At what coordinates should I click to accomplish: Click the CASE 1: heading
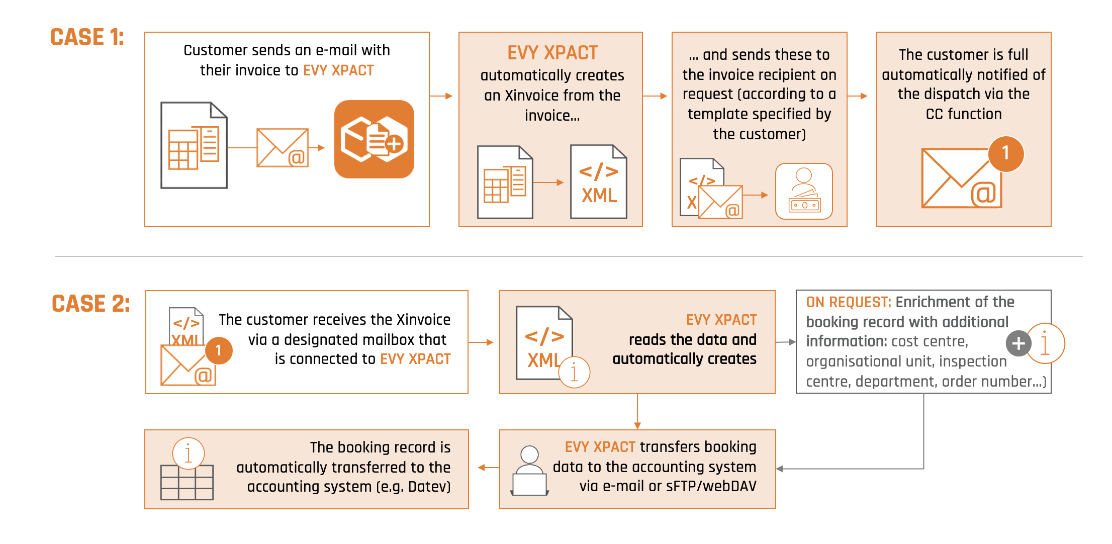point(87,37)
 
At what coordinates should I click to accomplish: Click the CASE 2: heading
point(90,304)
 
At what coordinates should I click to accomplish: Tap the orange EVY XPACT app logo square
point(374,139)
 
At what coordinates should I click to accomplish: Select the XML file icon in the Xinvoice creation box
point(598,182)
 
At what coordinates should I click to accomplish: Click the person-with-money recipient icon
point(804,191)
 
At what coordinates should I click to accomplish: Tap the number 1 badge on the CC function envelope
point(1005,153)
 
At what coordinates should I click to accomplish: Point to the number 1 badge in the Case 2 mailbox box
point(219,350)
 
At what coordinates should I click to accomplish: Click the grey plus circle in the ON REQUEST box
point(1018,343)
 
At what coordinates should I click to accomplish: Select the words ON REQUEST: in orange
point(848,302)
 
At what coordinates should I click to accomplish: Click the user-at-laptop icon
point(529,471)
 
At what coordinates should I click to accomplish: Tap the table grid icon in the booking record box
point(187,482)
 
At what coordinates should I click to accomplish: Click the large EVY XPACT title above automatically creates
point(552,53)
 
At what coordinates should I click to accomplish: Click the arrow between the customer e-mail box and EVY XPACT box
point(441,96)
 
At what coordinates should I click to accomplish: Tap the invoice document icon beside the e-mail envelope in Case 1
point(194,145)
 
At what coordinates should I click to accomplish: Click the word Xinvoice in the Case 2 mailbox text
point(423,320)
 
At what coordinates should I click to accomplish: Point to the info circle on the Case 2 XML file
point(574,373)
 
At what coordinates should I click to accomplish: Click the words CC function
point(963,114)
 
